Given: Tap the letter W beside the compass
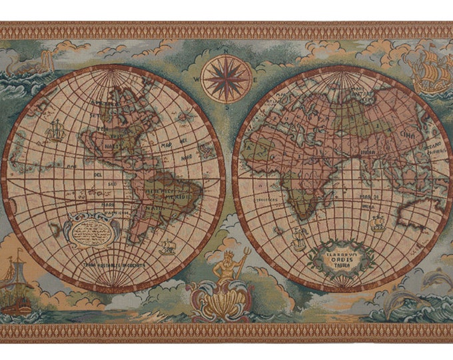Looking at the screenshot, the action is tap(197, 78).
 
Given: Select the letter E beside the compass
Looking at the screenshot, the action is tap(257, 78).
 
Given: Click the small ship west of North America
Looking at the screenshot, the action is tap(54, 130).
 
